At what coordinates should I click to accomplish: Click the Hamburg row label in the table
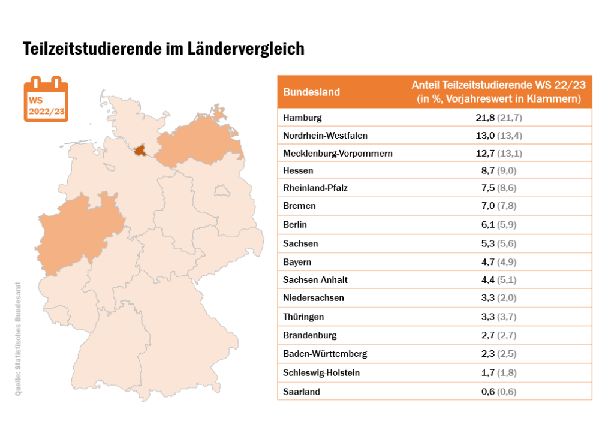click(x=302, y=118)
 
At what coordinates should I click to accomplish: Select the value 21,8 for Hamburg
click(x=485, y=118)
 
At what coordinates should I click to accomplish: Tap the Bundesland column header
click(x=311, y=92)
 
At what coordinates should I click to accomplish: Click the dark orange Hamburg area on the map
click(x=141, y=151)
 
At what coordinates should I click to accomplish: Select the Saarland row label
click(x=302, y=392)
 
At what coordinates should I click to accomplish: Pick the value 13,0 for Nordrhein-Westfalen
click(x=485, y=136)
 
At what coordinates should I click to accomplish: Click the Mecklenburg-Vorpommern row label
click(x=338, y=154)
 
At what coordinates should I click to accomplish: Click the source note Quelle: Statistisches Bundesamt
click(x=17, y=339)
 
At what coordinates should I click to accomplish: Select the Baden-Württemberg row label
click(x=325, y=354)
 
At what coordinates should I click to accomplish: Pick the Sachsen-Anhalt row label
click(x=315, y=280)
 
